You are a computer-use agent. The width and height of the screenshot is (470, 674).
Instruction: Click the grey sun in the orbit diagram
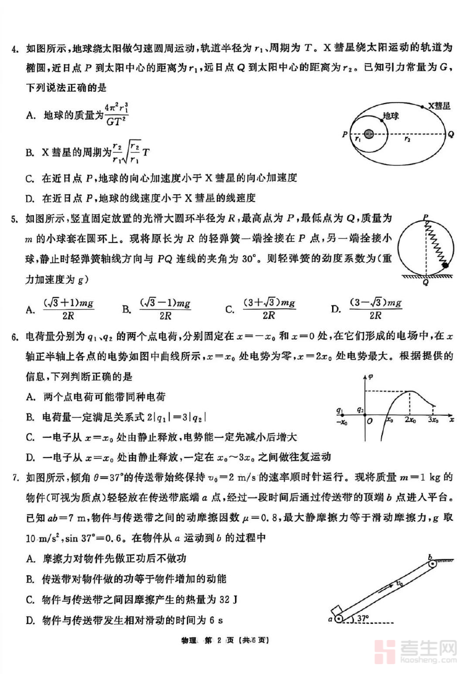369,134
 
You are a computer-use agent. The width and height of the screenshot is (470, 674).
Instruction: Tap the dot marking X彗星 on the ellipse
423,106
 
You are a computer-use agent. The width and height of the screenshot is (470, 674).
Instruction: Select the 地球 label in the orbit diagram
390,115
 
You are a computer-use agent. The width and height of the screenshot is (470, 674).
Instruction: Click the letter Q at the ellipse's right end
450,134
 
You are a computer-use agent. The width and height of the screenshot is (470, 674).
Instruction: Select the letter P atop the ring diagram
427,216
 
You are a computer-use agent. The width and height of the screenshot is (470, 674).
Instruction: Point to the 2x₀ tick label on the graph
410,420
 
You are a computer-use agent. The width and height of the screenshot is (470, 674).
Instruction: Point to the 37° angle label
360,619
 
